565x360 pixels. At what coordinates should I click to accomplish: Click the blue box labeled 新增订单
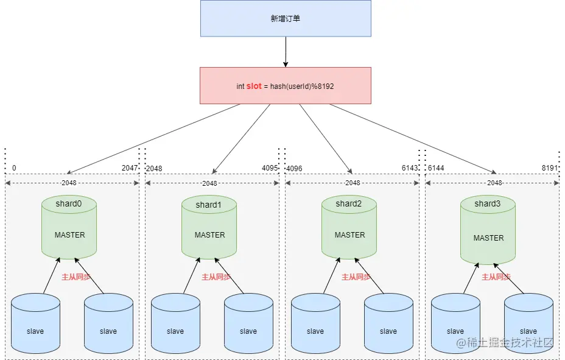[x=286, y=18]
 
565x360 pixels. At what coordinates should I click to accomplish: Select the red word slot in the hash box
[x=254, y=86]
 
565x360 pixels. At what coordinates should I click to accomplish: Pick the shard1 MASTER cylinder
[x=209, y=228]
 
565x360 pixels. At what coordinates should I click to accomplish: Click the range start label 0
[x=14, y=168]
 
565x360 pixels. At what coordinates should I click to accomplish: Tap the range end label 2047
[x=129, y=168]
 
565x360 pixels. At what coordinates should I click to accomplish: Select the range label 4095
[x=270, y=168]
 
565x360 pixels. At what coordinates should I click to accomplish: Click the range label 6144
[x=436, y=168]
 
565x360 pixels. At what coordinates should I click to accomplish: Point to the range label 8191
[x=550, y=168]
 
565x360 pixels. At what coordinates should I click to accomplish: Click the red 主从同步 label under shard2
[x=356, y=277]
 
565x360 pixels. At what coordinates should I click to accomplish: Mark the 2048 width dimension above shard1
[x=209, y=183]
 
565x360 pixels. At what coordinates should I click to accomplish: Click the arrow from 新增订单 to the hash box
[x=285, y=52]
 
